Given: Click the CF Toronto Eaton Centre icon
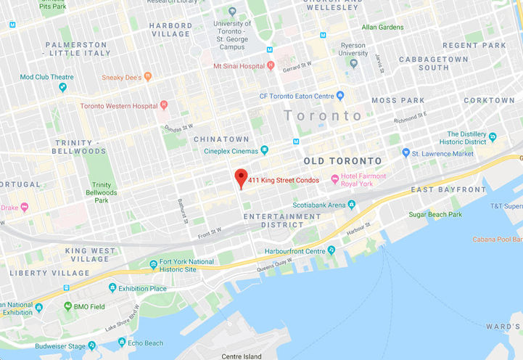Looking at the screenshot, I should point(339,96).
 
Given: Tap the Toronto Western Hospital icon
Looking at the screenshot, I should point(164,106).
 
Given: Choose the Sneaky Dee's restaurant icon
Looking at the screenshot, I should point(148,75).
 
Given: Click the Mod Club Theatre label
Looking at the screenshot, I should point(47,77).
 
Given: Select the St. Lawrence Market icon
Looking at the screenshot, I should point(405,153).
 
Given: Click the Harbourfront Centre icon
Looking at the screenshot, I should point(331,250).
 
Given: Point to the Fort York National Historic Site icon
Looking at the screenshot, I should point(153,265).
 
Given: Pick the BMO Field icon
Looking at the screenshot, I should point(67,306).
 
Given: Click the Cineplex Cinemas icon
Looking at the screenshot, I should point(265,150).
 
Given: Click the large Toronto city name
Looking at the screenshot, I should point(323,116).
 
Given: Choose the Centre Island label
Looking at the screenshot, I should point(242,356).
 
